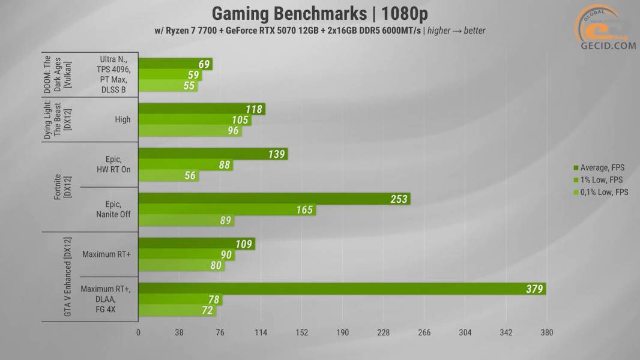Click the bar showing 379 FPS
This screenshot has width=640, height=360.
[342, 289]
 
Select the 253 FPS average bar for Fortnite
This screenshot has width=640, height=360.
[274, 199]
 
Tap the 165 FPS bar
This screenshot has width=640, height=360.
[227, 210]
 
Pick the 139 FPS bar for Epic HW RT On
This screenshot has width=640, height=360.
[213, 154]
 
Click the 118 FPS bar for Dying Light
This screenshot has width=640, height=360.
[201, 109]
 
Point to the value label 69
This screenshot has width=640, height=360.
[205, 64]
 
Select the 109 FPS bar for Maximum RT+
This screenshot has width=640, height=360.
[196, 244]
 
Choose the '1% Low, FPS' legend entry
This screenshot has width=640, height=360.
[602, 180]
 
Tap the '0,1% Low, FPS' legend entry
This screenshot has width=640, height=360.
[603, 193]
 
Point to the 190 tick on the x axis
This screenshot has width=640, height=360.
[342, 332]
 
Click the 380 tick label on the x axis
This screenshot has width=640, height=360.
[546, 332]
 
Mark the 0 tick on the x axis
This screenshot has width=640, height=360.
[138, 332]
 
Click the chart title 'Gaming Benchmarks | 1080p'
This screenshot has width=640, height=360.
[319, 14]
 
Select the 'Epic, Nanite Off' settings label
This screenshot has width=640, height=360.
[113, 210]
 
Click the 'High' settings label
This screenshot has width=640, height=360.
[122, 120]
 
